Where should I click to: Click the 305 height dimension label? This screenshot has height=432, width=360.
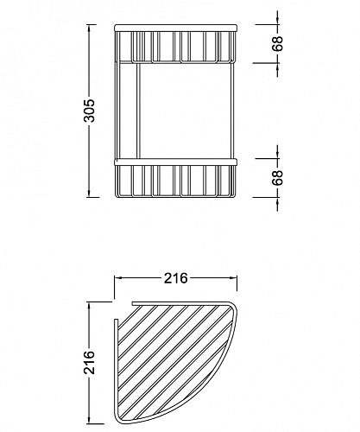(x=91, y=111)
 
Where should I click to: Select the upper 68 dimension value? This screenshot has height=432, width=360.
(x=278, y=44)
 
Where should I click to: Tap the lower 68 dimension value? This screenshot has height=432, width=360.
(x=278, y=178)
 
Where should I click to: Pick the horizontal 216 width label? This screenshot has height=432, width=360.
(x=175, y=278)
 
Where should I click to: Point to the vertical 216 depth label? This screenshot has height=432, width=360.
(x=91, y=362)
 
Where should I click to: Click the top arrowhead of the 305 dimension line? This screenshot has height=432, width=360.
(x=90, y=28)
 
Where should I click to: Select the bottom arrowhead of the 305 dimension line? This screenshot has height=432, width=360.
(x=90, y=194)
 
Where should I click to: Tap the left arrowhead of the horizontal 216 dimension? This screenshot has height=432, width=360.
(x=118, y=277)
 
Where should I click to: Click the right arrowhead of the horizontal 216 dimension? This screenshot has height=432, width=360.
(x=234, y=277)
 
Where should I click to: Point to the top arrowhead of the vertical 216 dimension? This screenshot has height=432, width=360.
(x=91, y=306)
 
